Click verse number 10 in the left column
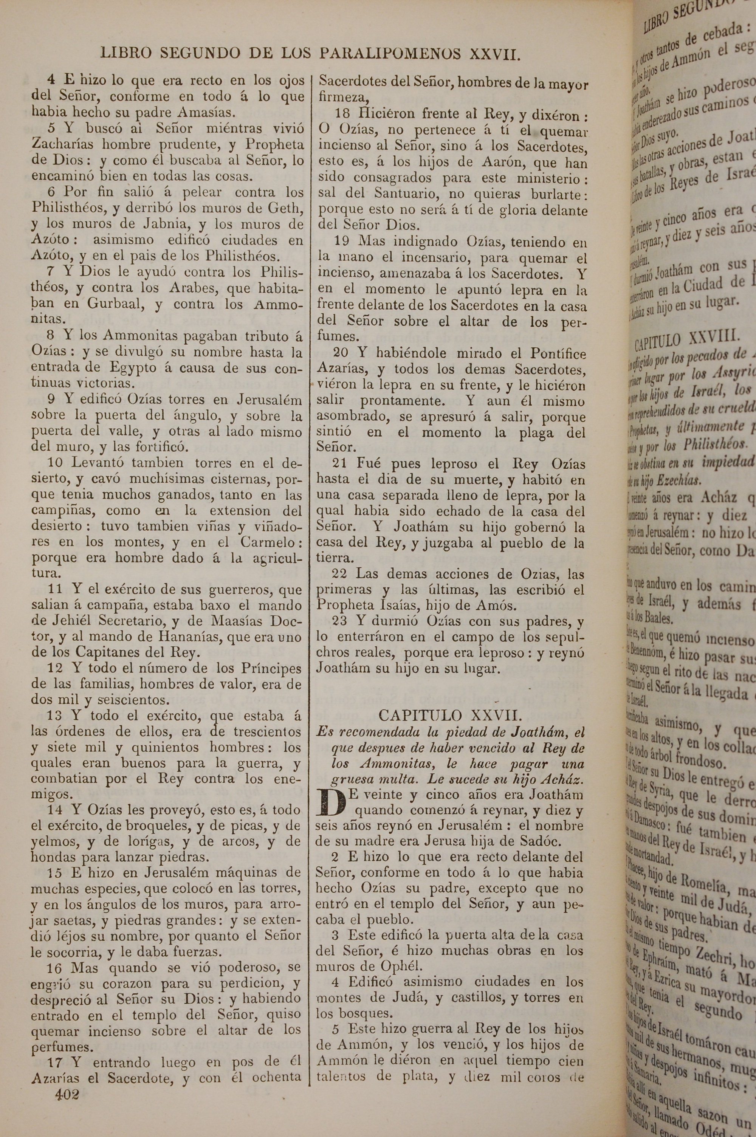[56, 463]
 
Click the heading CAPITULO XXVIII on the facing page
[688, 338]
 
